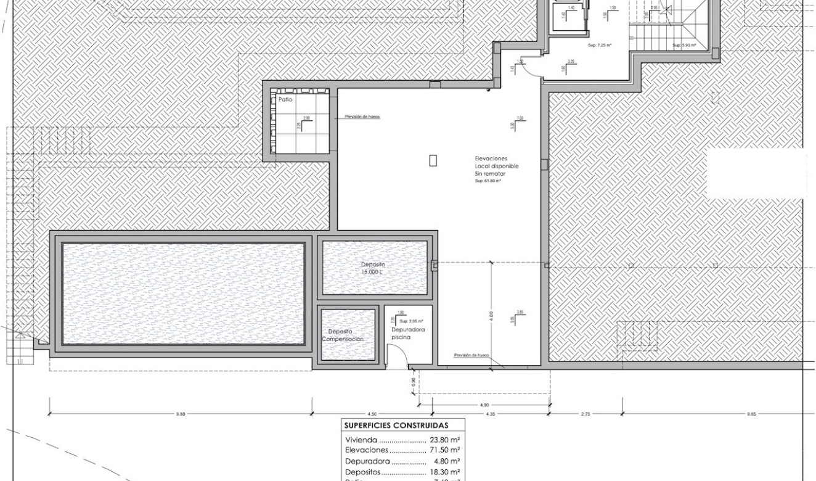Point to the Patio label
tap(285, 99)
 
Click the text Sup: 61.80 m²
tap(488, 181)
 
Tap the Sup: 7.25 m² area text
tap(600, 45)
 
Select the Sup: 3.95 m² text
tap(411, 321)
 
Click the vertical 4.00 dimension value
tap(491, 315)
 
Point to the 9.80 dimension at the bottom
tap(180, 414)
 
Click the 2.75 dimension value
tap(585, 414)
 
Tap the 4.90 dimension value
tap(484, 405)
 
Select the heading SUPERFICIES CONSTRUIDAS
tap(396, 425)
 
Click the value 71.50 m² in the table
tap(445, 451)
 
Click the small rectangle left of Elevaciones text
tap(433, 160)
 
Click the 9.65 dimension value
tap(751, 414)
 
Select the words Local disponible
tap(497, 166)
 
